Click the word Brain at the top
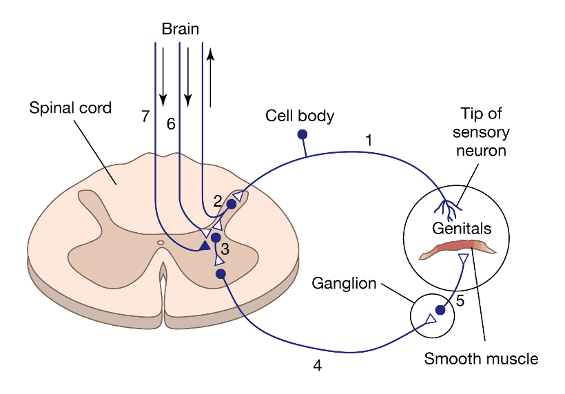pyautogui.click(x=181, y=29)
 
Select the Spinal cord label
pyautogui.click(x=70, y=108)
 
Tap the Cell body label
pyautogui.click(x=300, y=116)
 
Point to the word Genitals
pyautogui.click(x=461, y=228)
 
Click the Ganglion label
pyautogui.click(x=344, y=283)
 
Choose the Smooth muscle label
pyautogui.click(x=481, y=358)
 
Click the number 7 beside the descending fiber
pyautogui.click(x=145, y=117)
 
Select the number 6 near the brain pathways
pyautogui.click(x=171, y=124)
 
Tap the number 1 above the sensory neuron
pyautogui.click(x=369, y=140)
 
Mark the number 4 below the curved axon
pyautogui.click(x=317, y=366)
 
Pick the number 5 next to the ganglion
pyautogui.click(x=460, y=300)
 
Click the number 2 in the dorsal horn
pyautogui.click(x=217, y=201)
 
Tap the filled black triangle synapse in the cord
pyautogui.click(x=205, y=245)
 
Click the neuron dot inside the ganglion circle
pyautogui.click(x=440, y=311)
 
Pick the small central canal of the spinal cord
pyautogui.click(x=161, y=242)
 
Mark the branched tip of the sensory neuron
pyautogui.click(x=446, y=207)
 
